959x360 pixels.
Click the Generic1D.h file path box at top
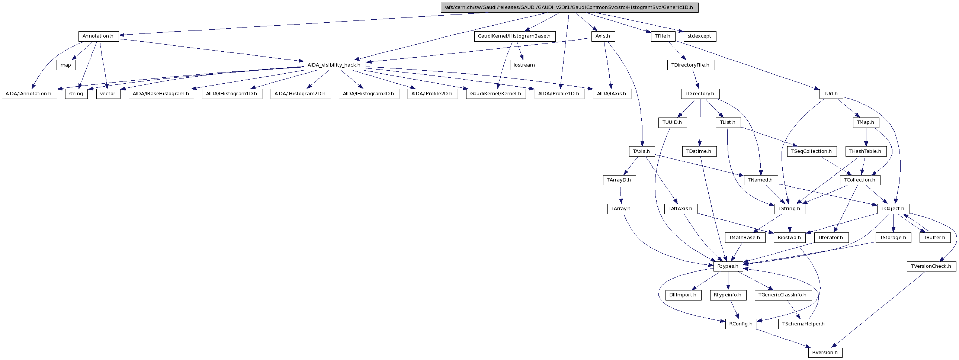point(569,7)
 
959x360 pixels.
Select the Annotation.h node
point(98,36)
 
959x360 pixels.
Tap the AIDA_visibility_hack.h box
point(334,65)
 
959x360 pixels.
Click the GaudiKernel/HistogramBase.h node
point(514,36)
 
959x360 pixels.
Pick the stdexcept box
point(699,36)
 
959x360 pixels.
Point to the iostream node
point(524,65)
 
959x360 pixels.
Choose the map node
point(66,65)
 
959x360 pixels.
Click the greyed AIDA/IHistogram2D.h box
point(300,94)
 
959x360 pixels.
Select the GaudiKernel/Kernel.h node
point(495,94)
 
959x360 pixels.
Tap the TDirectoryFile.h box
point(690,65)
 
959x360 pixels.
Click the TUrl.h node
point(831,94)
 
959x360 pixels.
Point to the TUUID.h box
point(672,122)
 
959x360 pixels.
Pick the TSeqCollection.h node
point(812,151)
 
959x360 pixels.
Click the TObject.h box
point(893,209)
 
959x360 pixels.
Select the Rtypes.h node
point(728,266)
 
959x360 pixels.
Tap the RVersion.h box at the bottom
point(825,353)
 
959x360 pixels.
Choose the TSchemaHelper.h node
point(804,324)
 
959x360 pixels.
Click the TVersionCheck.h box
point(931,266)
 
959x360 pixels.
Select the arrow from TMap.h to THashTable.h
point(866,137)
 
